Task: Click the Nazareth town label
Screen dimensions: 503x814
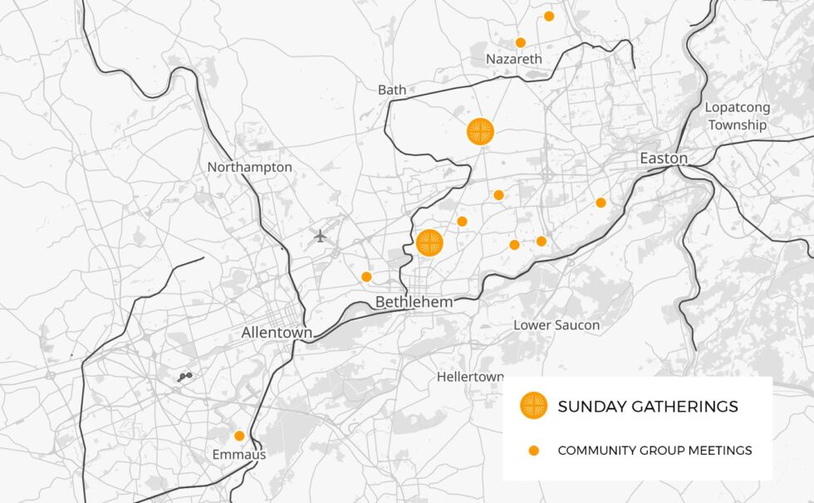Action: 513,59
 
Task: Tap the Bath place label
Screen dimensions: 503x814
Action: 392,90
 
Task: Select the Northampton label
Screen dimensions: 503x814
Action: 249,167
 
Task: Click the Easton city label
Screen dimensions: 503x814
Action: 663,159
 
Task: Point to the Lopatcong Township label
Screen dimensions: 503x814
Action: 737,116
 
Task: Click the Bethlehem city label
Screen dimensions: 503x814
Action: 414,302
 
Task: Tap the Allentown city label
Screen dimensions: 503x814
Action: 277,333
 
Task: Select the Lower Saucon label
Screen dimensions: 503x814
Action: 556,325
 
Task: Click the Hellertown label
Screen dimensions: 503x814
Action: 469,377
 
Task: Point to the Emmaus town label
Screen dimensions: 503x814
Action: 238,455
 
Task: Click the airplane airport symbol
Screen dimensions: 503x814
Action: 321,236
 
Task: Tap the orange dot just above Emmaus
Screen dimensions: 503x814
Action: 239,436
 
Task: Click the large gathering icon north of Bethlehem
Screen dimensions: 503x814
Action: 429,242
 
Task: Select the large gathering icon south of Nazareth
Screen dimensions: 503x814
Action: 480,131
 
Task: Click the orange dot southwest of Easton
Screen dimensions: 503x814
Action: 601,203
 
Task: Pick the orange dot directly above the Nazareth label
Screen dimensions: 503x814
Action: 520,42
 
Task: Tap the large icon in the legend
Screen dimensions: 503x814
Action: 533,406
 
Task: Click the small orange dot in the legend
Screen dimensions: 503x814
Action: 534,451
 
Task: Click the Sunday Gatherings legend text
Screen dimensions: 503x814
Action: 648,407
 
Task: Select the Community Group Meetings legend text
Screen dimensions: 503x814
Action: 655,451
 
